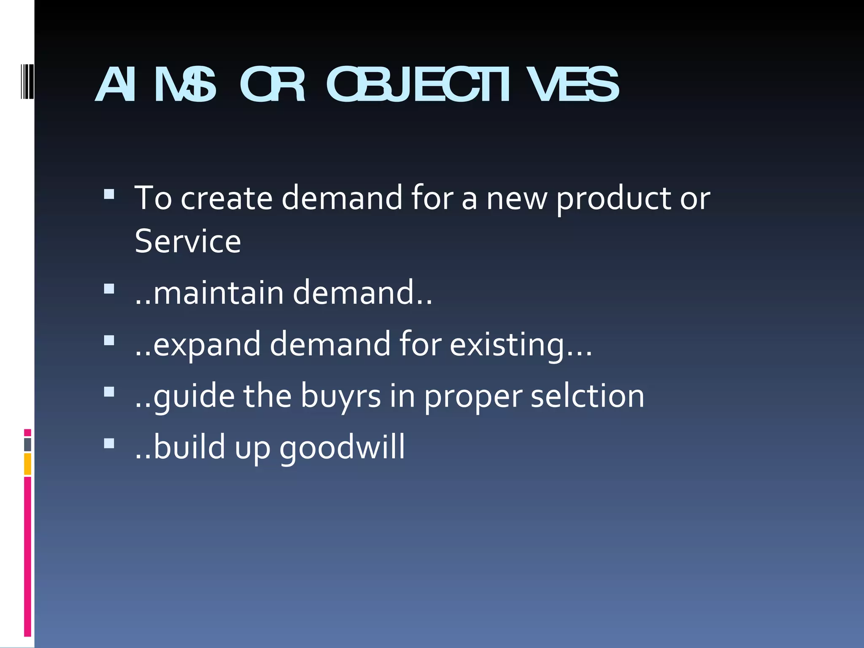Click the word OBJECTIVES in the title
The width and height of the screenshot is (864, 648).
pos(472,85)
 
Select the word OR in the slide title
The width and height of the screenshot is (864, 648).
pos(272,85)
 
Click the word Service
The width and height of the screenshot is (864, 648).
pos(188,241)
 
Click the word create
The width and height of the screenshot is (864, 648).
pos(227,198)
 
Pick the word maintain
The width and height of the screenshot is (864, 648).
pos(219,293)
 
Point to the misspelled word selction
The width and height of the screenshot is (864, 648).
pos(587,396)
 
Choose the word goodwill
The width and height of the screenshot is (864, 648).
pos(342,448)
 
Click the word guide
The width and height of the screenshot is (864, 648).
pos(194,396)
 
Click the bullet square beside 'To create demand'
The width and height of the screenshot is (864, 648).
pos(109,194)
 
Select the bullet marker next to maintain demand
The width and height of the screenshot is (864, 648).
pos(109,289)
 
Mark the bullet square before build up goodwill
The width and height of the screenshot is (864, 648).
pos(109,443)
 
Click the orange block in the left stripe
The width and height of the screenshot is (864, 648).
pos(27,464)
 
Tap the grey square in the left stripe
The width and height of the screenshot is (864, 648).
pos(27,445)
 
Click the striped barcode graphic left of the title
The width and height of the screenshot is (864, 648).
pos(27,80)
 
